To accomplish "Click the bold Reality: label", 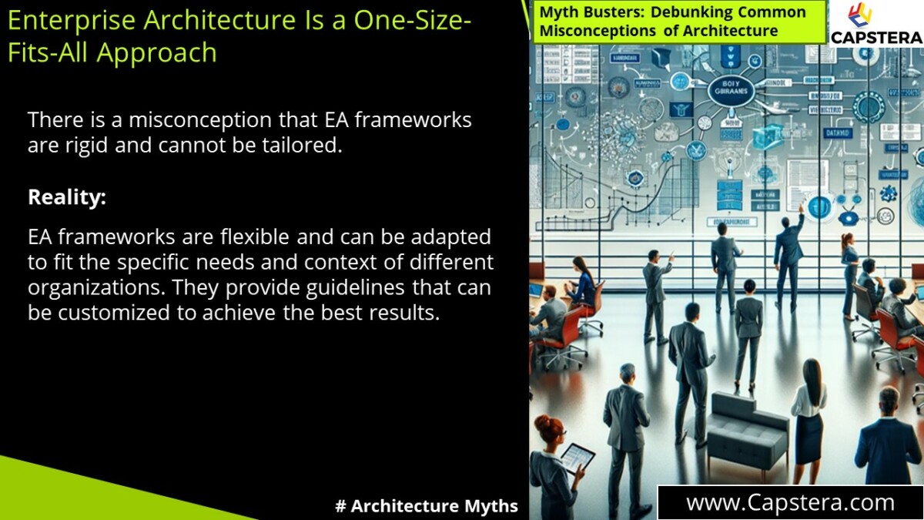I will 67,197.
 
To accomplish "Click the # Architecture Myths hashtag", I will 427,506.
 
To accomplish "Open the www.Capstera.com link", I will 790,503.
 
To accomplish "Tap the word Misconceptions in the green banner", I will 594,32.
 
